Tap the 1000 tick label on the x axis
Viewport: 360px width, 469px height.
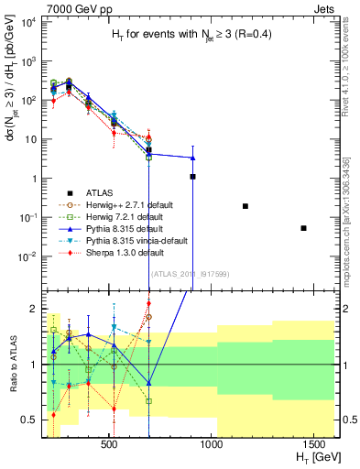click(213, 443)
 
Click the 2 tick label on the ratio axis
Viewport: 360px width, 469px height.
click(35, 308)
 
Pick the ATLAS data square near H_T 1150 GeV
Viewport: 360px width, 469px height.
click(245, 206)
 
